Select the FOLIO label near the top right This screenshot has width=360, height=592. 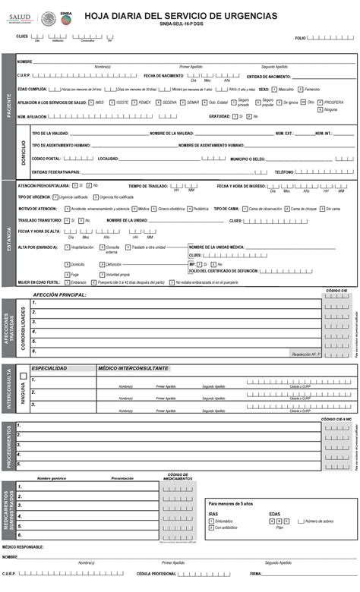300,37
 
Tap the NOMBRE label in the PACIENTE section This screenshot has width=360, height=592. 24,61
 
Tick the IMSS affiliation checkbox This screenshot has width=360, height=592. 91,102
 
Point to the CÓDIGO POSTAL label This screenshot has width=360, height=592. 46,159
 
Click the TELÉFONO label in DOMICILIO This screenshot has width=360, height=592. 285,172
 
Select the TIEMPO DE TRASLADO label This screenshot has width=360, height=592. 147,185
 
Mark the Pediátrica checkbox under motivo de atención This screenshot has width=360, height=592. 190,208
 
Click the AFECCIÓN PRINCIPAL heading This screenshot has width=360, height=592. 59,294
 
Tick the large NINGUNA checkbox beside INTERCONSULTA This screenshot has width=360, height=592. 24,375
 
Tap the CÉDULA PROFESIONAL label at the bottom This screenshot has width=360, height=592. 156,574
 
